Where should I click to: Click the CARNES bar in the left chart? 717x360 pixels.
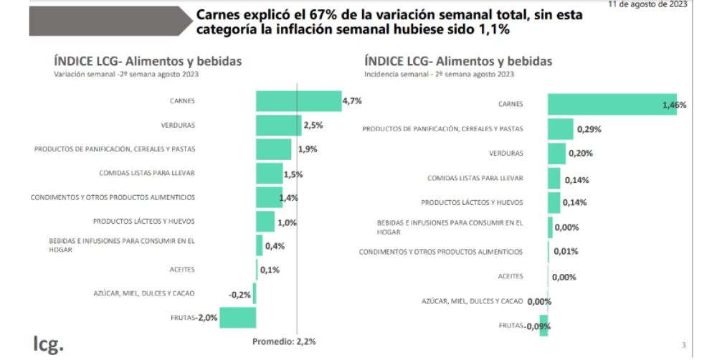[298, 101]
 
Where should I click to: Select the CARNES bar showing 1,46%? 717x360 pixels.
[612, 104]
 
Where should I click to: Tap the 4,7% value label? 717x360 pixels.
[352, 101]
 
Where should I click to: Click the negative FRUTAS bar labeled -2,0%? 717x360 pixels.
[237, 317]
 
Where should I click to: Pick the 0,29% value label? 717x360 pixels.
[588, 130]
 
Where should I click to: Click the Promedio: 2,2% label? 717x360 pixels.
[284, 341]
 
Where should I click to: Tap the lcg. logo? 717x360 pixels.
[48, 343]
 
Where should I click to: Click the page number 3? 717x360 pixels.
[683, 346]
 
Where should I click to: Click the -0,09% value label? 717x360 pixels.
[536, 326]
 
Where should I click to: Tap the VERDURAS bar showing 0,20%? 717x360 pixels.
[556, 153]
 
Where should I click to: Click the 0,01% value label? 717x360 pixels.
[565, 252]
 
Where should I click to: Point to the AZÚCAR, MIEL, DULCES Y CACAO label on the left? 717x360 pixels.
[143, 293]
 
